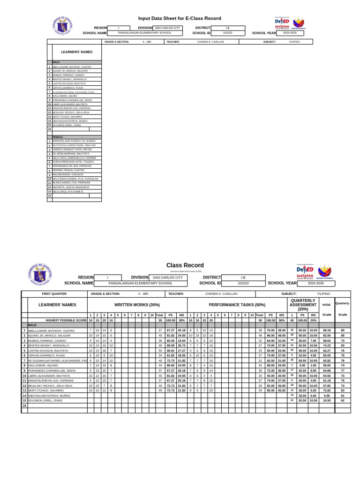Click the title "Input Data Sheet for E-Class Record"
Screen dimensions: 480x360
[180, 18]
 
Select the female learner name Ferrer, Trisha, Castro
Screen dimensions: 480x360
[69, 170]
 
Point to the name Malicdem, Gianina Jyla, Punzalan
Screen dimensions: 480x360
[75, 179]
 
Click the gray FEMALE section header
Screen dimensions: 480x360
[58, 137]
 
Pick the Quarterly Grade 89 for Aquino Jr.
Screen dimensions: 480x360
[343, 336]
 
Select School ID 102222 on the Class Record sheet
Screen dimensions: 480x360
[243, 283]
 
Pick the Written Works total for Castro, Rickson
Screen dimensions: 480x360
[160, 351]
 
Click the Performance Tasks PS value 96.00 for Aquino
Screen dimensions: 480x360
[270, 336]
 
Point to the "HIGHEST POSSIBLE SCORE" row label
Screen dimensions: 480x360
[66, 320]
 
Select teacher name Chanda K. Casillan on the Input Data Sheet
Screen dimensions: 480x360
[210, 42]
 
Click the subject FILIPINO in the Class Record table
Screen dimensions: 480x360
[324, 293]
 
